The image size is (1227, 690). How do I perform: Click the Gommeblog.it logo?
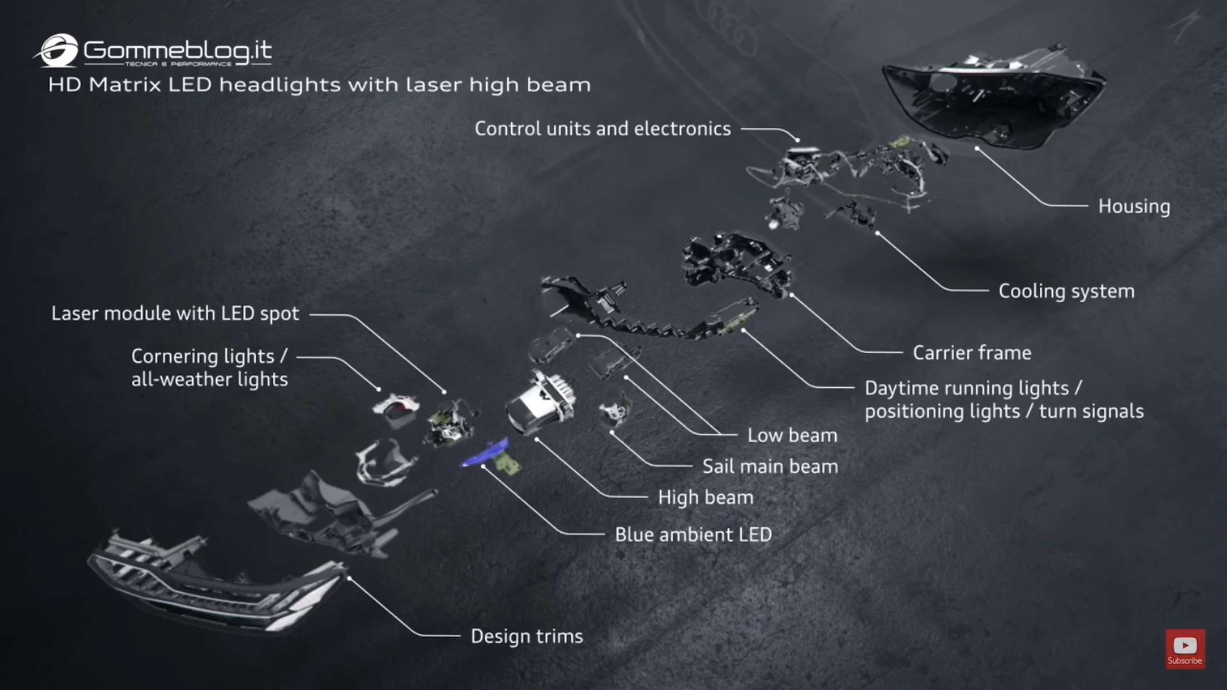point(152,51)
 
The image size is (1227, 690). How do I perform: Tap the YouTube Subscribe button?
point(1185,649)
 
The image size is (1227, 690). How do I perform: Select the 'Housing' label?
point(1134,207)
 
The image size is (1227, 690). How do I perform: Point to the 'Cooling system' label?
point(1066,291)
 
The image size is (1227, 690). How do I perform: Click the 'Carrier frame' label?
point(972,353)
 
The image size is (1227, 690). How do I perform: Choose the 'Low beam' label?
point(792,436)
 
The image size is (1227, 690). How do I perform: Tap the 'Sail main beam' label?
point(770,467)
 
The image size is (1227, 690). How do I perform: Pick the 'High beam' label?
point(706,498)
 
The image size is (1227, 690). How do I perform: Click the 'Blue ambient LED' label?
point(693,534)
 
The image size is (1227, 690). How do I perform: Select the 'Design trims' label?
point(527,637)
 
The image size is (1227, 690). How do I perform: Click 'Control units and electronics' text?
point(602,129)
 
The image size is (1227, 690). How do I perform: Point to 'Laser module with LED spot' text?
point(175,314)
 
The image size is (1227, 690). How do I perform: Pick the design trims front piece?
point(217,583)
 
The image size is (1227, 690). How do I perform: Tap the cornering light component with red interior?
point(396,410)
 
